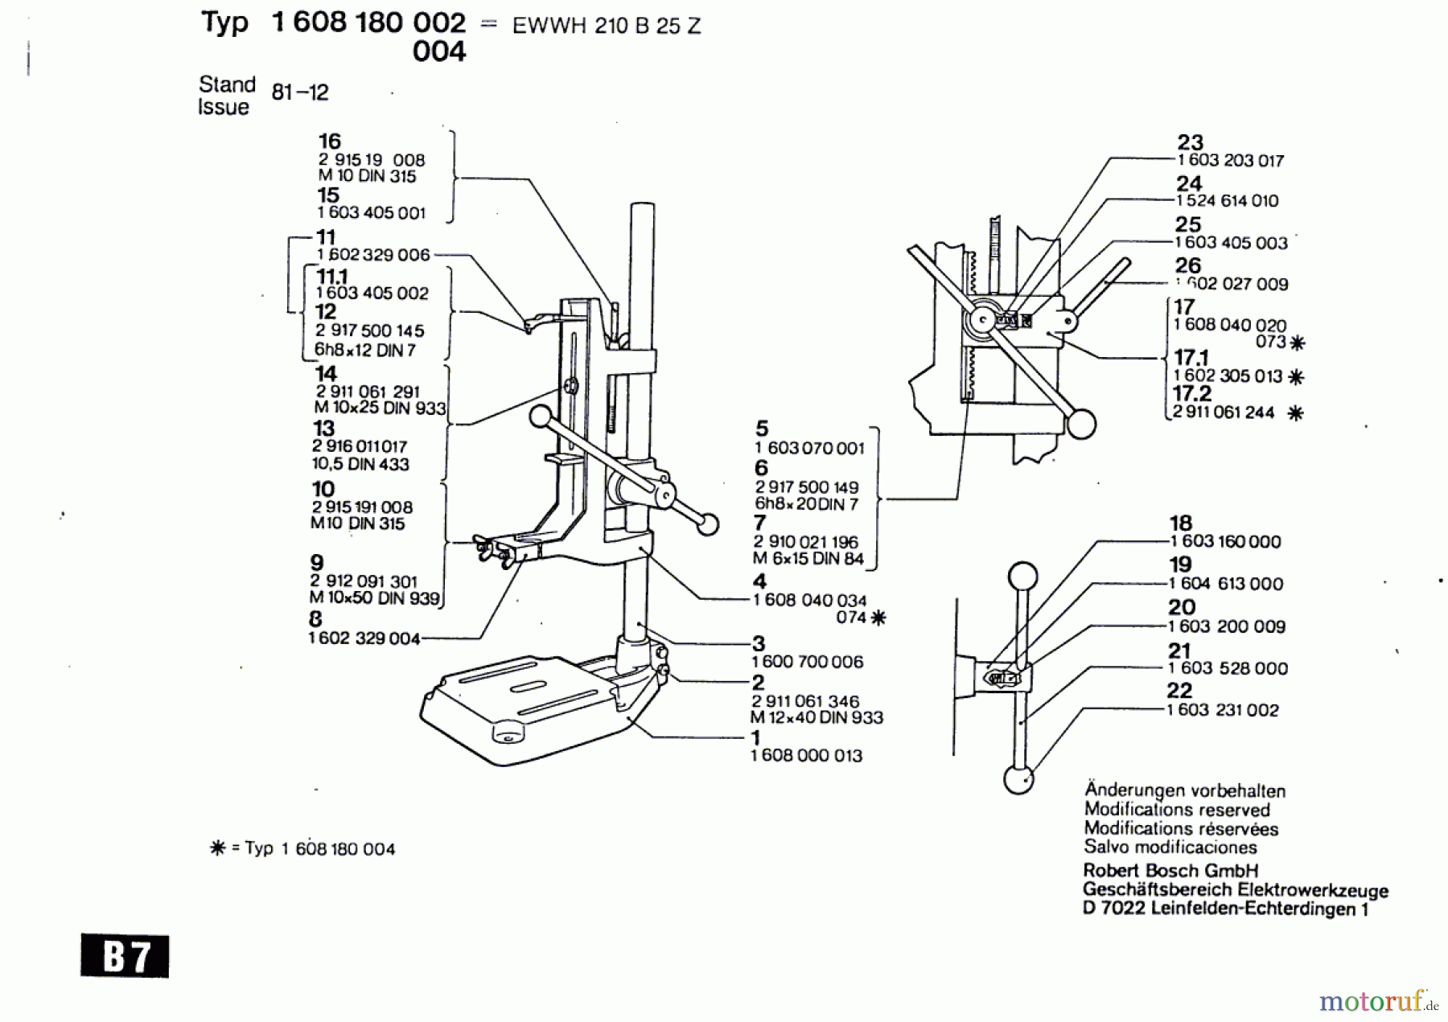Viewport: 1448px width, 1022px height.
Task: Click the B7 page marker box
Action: click(125, 956)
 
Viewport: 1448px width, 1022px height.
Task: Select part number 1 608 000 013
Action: click(806, 756)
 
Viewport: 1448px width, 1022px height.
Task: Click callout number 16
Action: click(330, 142)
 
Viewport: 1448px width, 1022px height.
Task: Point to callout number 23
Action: click(1190, 142)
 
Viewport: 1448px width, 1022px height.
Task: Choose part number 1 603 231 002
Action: click(1223, 710)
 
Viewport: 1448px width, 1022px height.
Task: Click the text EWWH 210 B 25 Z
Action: click(607, 26)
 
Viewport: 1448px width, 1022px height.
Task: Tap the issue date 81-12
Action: click(300, 92)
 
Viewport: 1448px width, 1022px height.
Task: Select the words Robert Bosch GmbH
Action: click(1170, 871)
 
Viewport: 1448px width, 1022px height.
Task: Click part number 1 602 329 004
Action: click(364, 638)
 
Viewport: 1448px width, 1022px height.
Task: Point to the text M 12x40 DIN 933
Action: click(817, 717)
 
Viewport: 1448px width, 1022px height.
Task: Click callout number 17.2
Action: click(1191, 393)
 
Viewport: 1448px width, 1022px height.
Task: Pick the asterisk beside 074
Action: click(878, 618)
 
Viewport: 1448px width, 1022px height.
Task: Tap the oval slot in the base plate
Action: click(529, 685)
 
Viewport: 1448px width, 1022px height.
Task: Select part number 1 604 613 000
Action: click(1226, 585)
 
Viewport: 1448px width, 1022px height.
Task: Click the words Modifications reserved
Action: click(1177, 810)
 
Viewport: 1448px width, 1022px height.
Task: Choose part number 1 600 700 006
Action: click(808, 662)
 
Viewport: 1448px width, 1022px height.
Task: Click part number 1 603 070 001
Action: click(809, 449)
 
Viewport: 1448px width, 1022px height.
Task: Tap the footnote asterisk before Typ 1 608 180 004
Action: click(217, 848)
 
